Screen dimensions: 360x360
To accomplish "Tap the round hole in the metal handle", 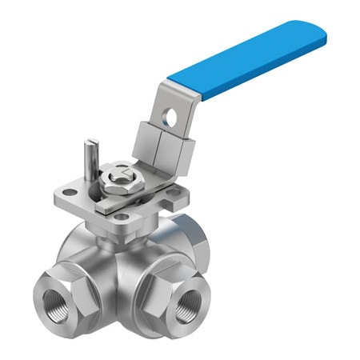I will [169, 118].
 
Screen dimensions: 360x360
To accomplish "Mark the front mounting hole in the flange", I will [120, 214].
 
